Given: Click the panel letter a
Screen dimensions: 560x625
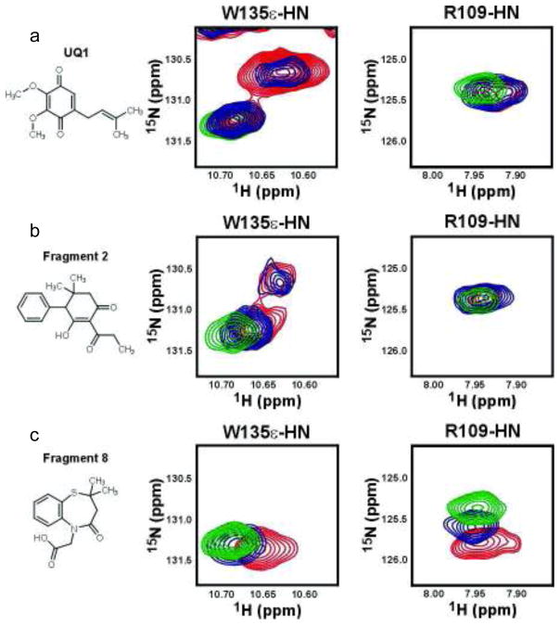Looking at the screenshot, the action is pos(34,37).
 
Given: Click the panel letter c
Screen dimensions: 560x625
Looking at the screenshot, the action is pos(34,448).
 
